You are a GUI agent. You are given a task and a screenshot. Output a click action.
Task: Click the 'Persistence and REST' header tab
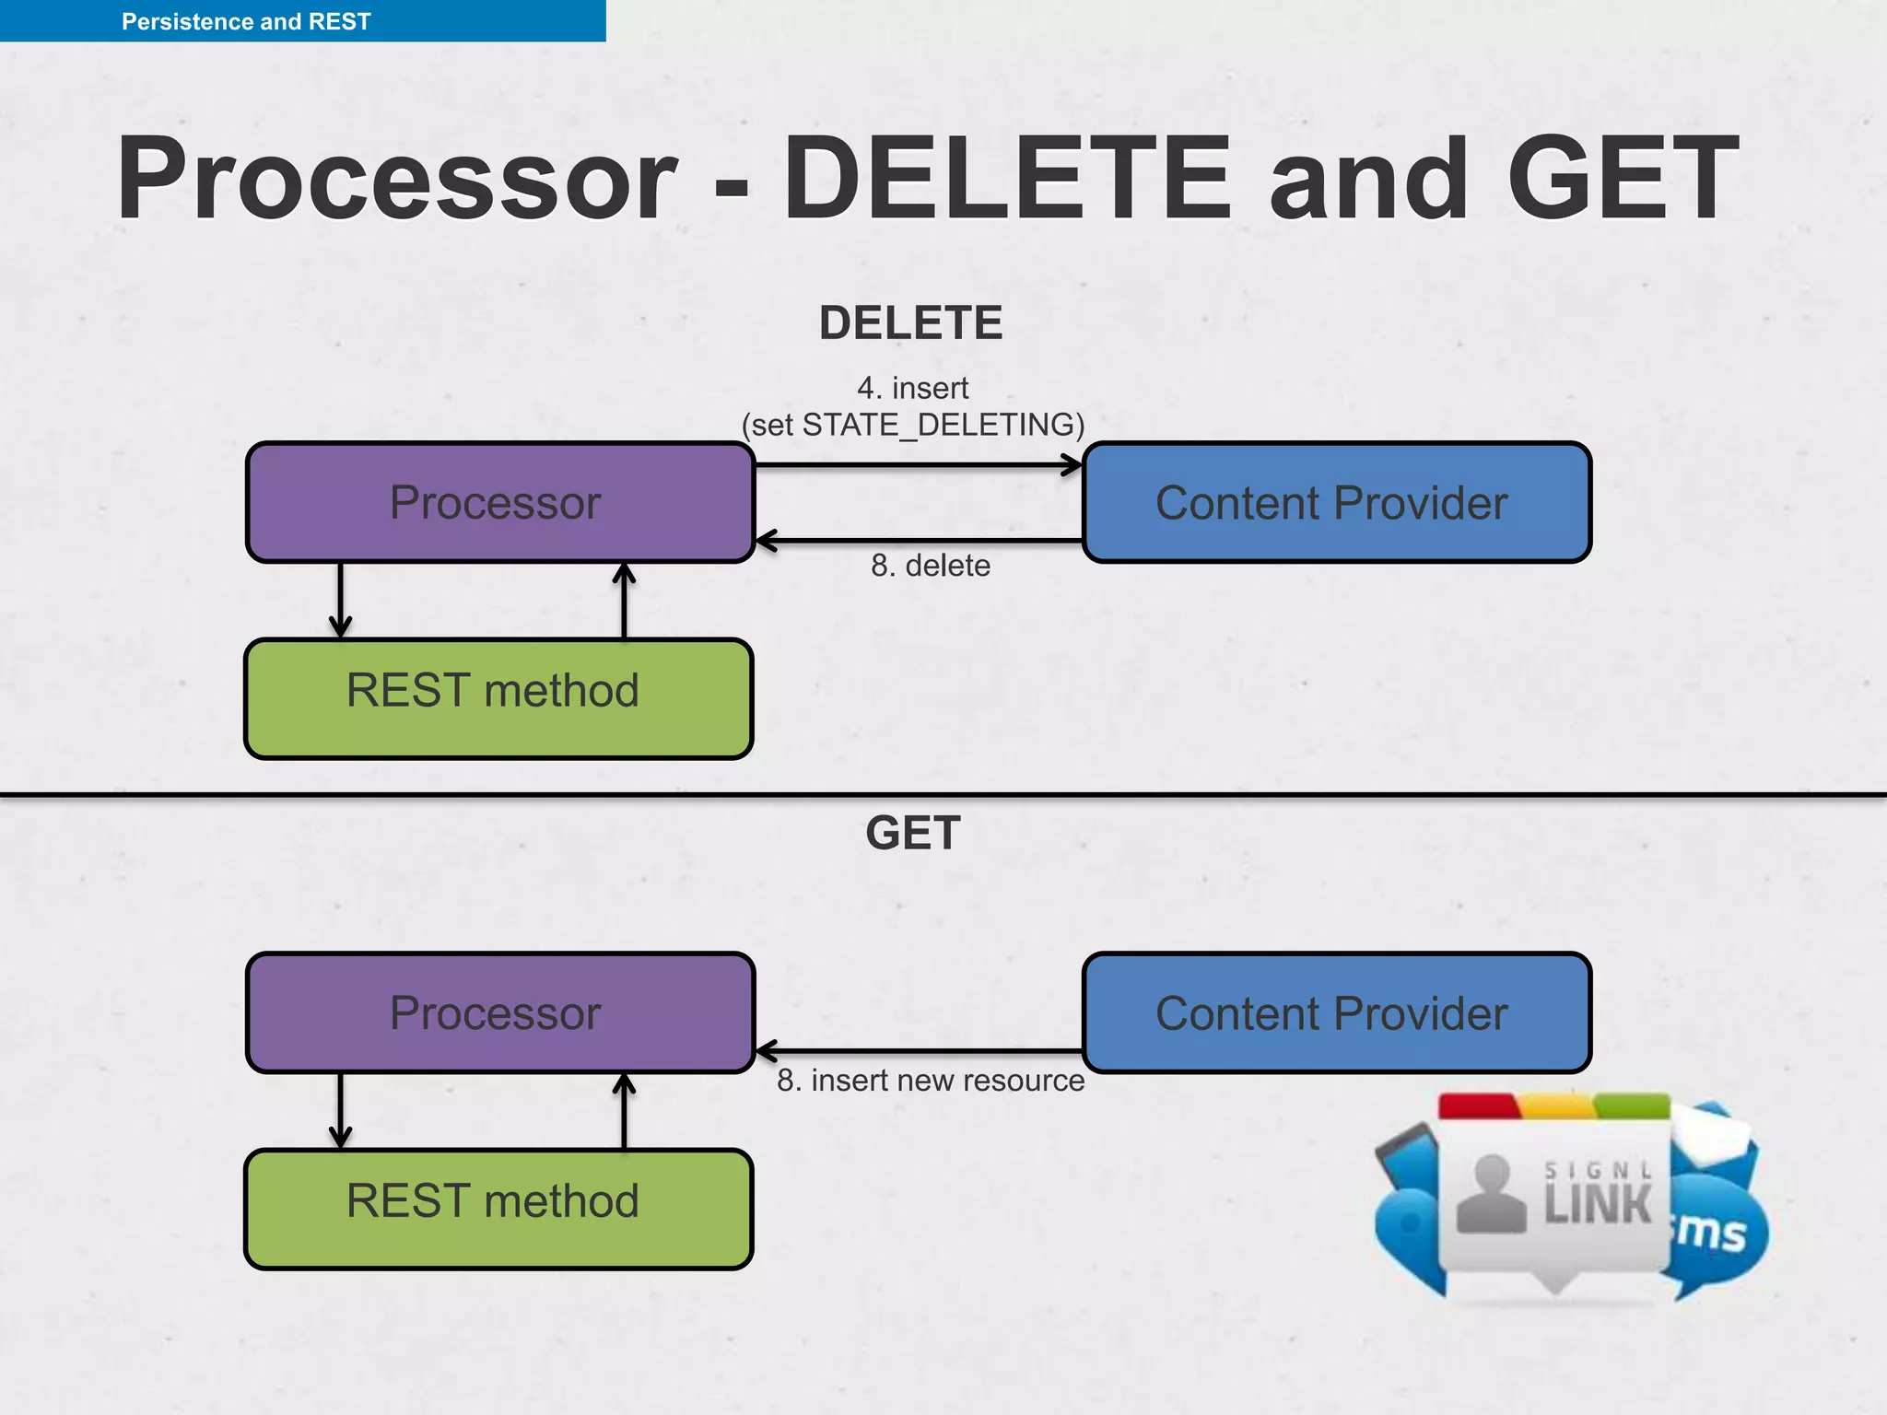point(246,21)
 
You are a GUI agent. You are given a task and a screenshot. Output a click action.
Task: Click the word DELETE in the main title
point(1006,180)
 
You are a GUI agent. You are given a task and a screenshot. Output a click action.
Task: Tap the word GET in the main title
point(1622,180)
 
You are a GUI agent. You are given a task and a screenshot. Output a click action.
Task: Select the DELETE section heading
point(910,323)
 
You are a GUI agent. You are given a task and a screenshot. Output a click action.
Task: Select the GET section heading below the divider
point(912,833)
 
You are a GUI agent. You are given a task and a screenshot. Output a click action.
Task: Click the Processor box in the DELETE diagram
point(499,503)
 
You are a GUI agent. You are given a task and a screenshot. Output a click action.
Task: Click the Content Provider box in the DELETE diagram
point(1335,503)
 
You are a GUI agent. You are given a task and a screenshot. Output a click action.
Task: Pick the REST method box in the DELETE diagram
point(498,698)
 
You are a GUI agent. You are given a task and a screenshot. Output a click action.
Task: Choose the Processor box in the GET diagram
point(499,1013)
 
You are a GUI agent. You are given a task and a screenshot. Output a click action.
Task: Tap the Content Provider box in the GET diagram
point(1335,1013)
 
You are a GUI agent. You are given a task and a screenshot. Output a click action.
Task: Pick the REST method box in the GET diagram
point(498,1209)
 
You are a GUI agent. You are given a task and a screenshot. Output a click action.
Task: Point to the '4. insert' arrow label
point(912,388)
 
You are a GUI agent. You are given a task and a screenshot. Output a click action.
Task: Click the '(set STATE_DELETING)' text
point(912,425)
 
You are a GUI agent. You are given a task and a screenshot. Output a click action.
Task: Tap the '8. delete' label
point(931,566)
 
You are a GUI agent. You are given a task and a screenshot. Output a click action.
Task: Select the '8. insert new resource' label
point(931,1081)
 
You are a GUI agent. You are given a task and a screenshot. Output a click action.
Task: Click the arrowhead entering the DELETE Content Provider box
point(1072,465)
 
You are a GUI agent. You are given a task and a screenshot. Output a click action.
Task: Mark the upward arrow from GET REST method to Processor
point(625,1111)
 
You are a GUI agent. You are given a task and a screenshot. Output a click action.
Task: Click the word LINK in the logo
point(1597,1205)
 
